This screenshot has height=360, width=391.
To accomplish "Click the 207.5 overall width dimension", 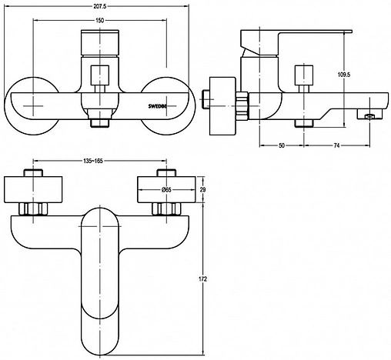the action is (x=100, y=6).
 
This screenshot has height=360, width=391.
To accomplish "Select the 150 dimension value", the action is (x=100, y=21).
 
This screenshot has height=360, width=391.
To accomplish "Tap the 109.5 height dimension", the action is (x=344, y=75).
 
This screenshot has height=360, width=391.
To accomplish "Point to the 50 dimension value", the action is (x=282, y=145).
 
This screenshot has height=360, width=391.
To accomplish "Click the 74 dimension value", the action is (x=336, y=145).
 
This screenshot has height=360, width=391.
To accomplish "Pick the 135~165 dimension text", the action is (x=93, y=161).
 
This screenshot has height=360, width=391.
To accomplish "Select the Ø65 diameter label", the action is (x=167, y=190).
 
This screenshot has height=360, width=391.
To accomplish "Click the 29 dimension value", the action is (x=202, y=190).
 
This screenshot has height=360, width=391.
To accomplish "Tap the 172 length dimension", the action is (x=202, y=279).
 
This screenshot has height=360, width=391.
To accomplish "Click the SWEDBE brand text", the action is (x=157, y=105).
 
